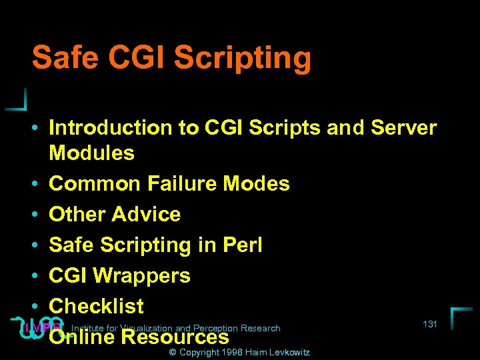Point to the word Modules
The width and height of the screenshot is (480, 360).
coord(92,153)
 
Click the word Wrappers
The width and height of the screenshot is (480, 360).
coord(142,275)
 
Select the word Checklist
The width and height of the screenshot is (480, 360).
coord(97,306)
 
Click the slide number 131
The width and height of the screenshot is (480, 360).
coord(430,324)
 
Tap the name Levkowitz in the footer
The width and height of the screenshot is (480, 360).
coord(288,352)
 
